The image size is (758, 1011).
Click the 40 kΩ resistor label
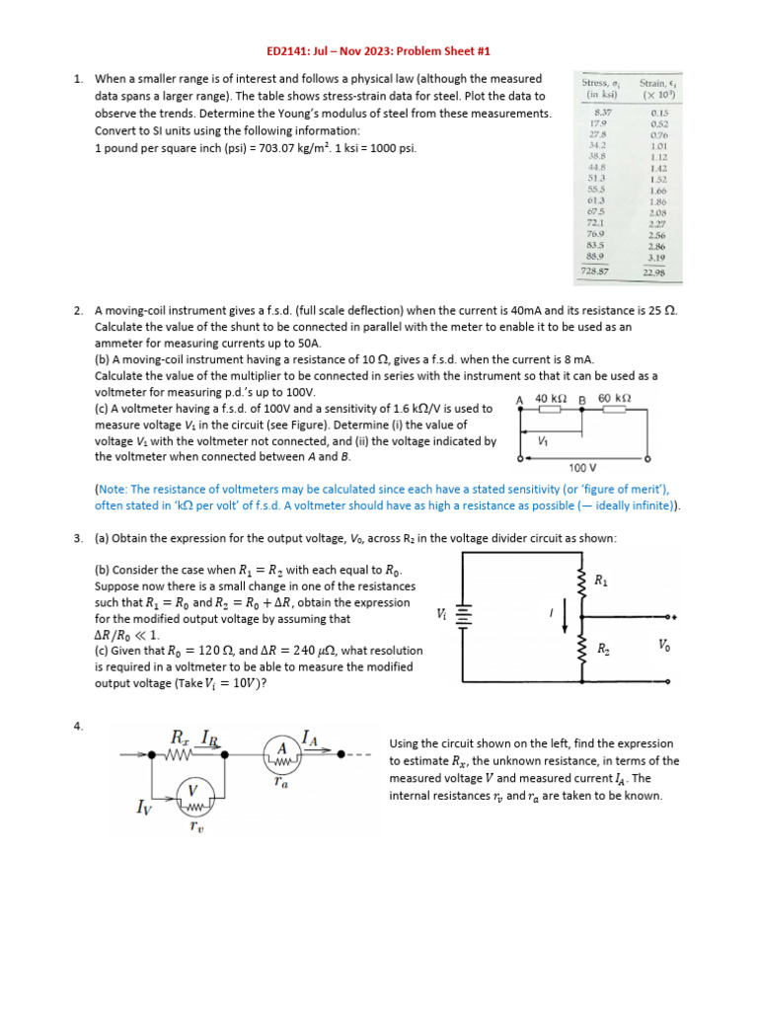point(551,398)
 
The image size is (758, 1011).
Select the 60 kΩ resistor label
point(615,398)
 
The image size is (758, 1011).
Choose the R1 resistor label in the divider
point(601,581)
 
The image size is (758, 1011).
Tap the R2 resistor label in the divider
point(602,649)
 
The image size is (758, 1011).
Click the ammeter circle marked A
point(279,754)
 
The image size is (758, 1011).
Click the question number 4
point(78,727)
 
